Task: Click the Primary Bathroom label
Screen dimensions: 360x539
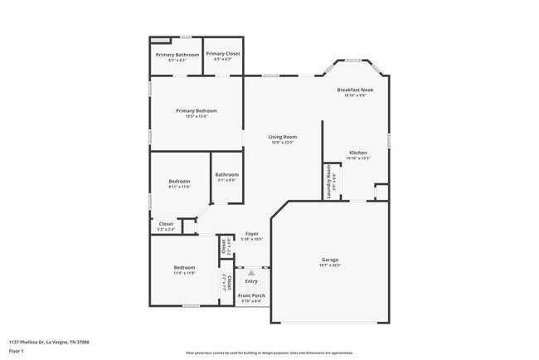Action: tap(177, 55)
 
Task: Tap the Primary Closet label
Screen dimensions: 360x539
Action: tap(223, 54)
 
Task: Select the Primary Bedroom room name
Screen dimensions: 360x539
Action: tap(196, 110)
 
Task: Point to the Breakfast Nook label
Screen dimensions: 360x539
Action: tap(355, 90)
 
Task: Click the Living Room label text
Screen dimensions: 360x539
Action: tap(282, 137)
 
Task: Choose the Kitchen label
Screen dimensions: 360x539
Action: tap(358, 153)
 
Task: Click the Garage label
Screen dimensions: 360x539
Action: tap(330, 260)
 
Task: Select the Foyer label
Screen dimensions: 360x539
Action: tap(252, 234)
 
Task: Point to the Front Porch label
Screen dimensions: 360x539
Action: tap(250, 295)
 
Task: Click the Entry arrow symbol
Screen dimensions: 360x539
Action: tap(251, 271)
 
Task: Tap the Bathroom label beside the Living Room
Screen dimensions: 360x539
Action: tap(227, 174)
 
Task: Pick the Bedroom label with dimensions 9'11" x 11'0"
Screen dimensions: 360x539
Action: tap(179, 181)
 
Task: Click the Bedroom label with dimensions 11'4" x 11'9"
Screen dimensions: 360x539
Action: tap(184, 267)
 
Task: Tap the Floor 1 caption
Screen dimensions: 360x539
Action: tap(16, 350)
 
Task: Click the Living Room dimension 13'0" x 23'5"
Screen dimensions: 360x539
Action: tap(282, 143)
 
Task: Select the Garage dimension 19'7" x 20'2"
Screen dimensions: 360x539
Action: tap(330, 265)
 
